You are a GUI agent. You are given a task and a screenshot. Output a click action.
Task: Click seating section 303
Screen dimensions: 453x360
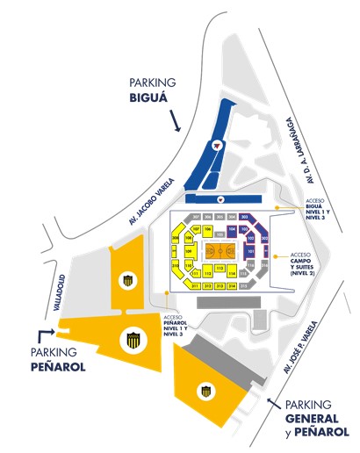(245, 216)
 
